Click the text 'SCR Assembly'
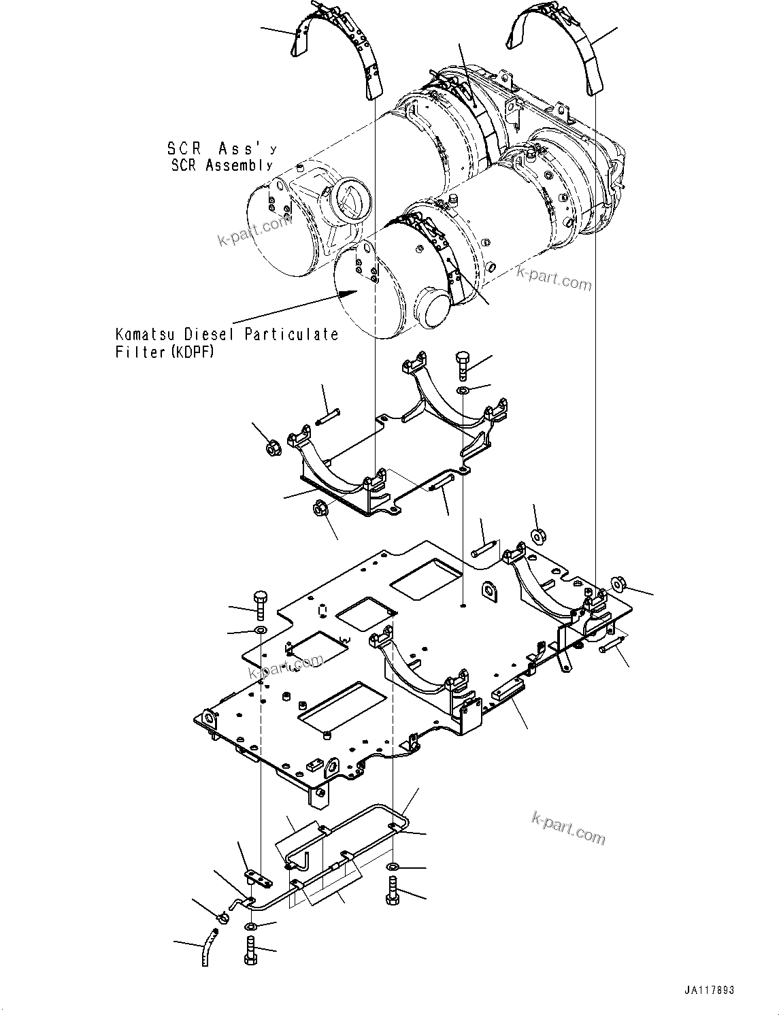(222, 165)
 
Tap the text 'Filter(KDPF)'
(164, 352)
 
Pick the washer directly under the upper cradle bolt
(462, 390)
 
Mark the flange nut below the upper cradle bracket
(319, 507)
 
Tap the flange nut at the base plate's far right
(618, 584)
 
